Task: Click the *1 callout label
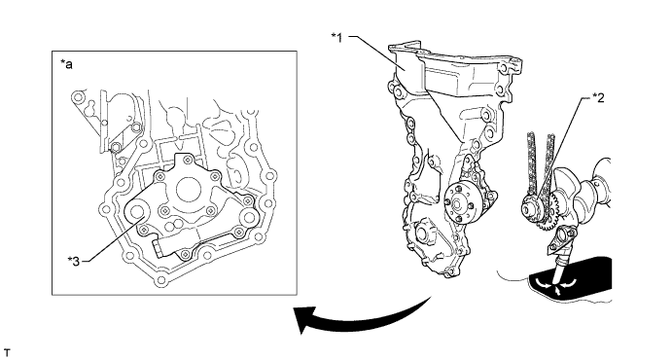pos(336,38)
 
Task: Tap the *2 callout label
pos(598,98)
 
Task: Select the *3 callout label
pos(74,261)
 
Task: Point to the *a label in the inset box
pos(66,65)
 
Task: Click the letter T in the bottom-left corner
pos(6,353)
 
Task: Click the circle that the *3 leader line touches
pos(137,213)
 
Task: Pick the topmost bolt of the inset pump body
pos(188,161)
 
